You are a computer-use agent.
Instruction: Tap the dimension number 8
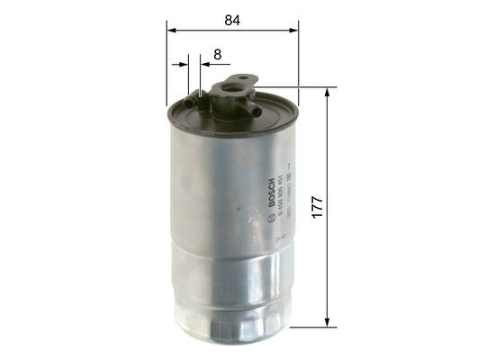pos(217,54)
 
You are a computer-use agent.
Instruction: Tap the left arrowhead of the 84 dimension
pos(171,30)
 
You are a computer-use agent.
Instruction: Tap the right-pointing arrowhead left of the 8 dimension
pos(184,65)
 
